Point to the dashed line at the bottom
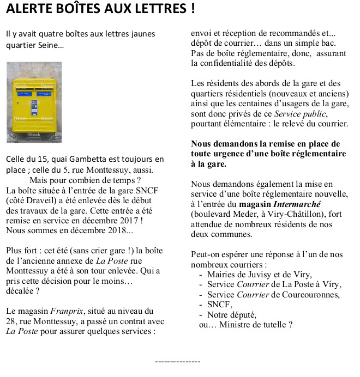[178, 361]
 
